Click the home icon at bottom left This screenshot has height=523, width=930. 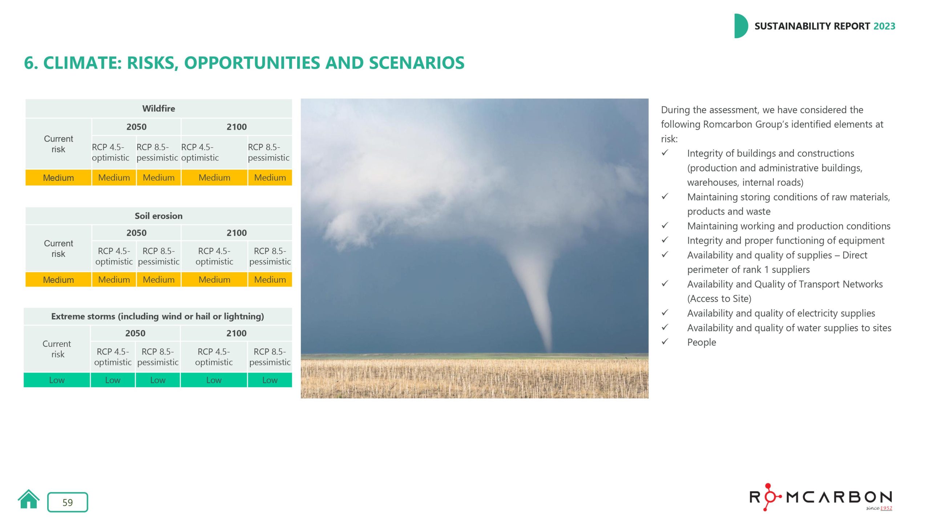click(x=28, y=500)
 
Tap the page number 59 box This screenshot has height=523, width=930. click(x=68, y=502)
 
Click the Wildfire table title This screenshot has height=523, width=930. click(x=158, y=109)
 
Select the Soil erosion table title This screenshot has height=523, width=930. click(x=158, y=216)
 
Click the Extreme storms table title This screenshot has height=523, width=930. click(x=157, y=316)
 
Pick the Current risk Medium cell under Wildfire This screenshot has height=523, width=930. click(x=58, y=178)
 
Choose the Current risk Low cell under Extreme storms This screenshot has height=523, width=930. click(x=57, y=380)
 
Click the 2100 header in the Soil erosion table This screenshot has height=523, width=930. click(x=236, y=233)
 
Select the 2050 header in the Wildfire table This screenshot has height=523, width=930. click(x=136, y=127)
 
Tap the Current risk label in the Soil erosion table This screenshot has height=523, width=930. click(x=58, y=248)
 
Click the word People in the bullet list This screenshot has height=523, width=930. click(x=701, y=342)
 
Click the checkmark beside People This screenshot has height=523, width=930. click(x=665, y=342)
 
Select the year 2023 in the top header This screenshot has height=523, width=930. click(x=884, y=26)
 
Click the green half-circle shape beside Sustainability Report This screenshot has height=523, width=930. click(x=740, y=26)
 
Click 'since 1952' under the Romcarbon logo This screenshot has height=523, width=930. click(x=879, y=508)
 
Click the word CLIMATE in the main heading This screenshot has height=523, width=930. click(x=82, y=63)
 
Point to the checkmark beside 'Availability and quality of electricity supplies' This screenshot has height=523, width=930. click(x=665, y=313)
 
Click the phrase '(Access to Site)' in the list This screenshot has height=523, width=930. click(x=719, y=299)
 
